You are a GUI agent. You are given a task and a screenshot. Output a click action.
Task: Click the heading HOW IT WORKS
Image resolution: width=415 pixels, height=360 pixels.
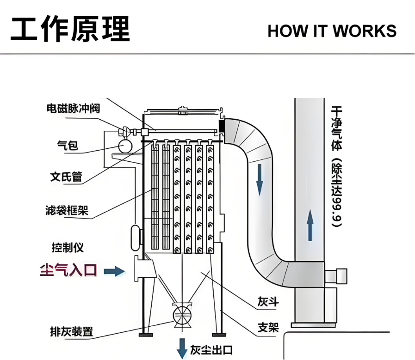click(332, 31)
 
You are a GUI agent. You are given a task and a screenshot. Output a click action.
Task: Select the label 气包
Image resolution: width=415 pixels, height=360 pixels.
click(68, 146)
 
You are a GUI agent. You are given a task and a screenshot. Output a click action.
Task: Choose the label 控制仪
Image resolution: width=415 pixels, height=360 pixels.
click(68, 247)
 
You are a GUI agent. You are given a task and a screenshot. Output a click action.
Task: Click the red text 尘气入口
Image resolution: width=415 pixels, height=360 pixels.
click(68, 270)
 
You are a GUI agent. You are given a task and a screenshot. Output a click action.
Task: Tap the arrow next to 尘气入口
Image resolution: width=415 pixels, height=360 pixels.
click(114, 271)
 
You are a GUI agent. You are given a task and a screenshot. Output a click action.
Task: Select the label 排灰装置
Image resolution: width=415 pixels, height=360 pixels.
click(71, 331)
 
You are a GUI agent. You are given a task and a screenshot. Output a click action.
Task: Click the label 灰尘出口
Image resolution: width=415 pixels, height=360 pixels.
click(211, 350)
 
